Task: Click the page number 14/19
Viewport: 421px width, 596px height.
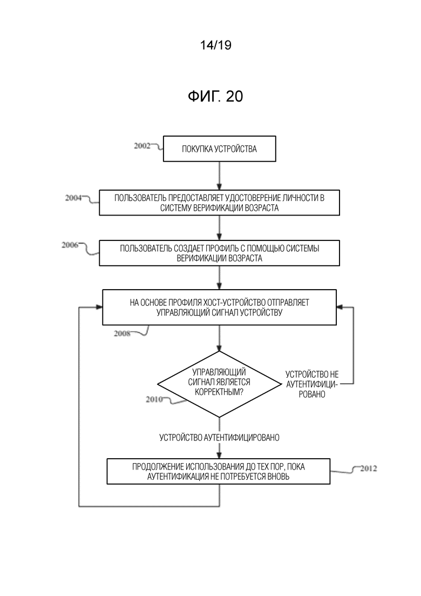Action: click(215, 45)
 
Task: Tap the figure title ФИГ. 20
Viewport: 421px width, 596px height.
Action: click(215, 97)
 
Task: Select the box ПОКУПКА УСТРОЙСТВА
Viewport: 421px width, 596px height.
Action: click(220, 149)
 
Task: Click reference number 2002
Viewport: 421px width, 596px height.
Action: click(142, 145)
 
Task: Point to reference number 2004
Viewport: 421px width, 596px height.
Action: click(73, 198)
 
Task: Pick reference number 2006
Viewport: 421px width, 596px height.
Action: click(70, 245)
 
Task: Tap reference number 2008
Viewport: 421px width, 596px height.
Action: click(122, 333)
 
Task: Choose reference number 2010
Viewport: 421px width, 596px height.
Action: click(154, 399)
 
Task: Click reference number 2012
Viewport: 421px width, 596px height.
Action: click(368, 468)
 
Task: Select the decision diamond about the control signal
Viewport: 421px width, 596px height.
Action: click(220, 384)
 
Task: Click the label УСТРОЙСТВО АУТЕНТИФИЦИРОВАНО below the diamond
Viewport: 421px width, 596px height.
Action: click(220, 438)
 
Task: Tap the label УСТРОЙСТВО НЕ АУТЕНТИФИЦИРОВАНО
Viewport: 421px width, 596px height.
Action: click(311, 384)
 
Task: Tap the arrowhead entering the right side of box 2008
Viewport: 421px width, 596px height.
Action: click(339, 307)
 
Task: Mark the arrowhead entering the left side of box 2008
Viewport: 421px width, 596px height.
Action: click(99, 307)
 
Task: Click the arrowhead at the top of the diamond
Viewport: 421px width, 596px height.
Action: click(220, 347)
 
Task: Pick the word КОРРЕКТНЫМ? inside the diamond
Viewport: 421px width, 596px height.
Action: click(219, 392)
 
